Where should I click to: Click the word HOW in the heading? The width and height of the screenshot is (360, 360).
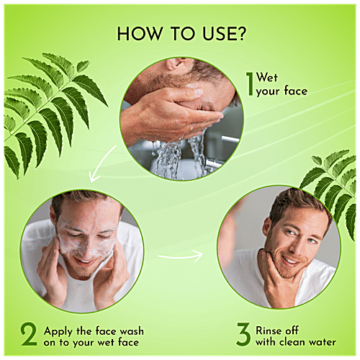tap(133, 33)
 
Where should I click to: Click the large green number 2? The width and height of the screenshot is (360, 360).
tap(29, 336)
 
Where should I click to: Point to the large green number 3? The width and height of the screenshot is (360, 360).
tap(244, 336)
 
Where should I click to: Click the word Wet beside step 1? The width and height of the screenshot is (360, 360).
tap(268, 76)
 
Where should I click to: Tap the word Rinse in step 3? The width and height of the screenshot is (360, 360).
tap(272, 330)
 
